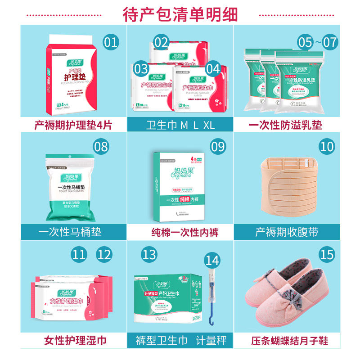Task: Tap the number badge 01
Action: tap(111, 42)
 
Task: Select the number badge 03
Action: tap(141, 68)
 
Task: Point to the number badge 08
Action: tap(102, 146)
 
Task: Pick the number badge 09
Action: tap(218, 146)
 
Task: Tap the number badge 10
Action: tap(328, 146)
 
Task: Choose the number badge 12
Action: tap(104, 255)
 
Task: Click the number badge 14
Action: tap(213, 260)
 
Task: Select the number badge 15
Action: tap(328, 255)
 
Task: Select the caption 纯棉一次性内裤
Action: tap(180, 232)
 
